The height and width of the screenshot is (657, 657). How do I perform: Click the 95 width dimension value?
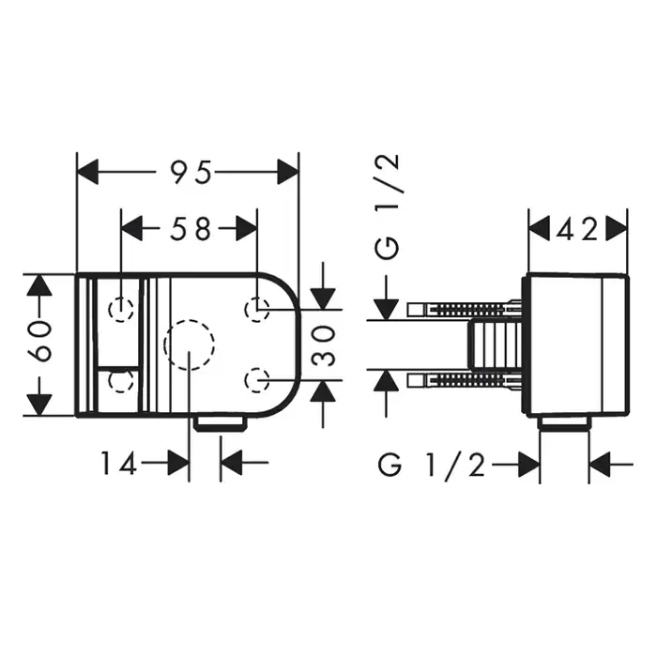[191, 172]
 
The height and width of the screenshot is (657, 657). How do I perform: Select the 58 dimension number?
[190, 229]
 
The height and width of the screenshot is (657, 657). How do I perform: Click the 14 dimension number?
[119, 463]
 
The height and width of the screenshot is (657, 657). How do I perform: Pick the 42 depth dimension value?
[577, 230]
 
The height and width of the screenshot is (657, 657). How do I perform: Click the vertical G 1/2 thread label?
[387, 207]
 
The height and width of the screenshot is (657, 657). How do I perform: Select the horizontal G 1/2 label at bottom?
[432, 465]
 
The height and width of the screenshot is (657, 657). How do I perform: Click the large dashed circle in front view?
[190, 321]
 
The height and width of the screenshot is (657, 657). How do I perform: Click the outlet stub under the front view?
[221, 424]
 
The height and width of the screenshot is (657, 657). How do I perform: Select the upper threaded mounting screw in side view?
[465, 309]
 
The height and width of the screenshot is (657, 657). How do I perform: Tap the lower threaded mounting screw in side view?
[465, 380]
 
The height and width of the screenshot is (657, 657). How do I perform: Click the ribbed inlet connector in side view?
[495, 344]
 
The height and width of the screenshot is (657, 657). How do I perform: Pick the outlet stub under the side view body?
[564, 423]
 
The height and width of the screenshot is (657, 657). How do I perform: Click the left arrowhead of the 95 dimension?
[88, 172]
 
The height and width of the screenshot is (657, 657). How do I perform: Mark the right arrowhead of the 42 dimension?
[618, 228]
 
